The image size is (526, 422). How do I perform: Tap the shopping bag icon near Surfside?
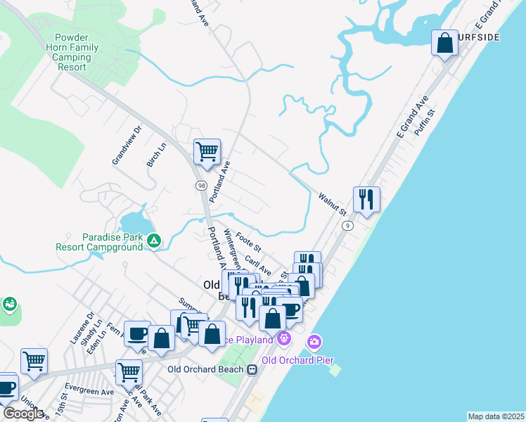(x=444, y=44)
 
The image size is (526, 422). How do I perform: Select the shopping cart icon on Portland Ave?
(x=207, y=151)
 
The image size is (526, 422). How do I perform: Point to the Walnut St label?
(x=333, y=205)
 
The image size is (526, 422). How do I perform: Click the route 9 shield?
(x=347, y=226)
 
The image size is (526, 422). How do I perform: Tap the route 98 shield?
(x=200, y=185)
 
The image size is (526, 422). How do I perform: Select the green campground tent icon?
(x=154, y=241)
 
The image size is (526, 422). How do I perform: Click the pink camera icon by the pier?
(x=314, y=343)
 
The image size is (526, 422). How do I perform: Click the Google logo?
(x=23, y=414)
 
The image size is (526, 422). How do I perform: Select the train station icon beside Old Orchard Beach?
(x=252, y=369)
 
